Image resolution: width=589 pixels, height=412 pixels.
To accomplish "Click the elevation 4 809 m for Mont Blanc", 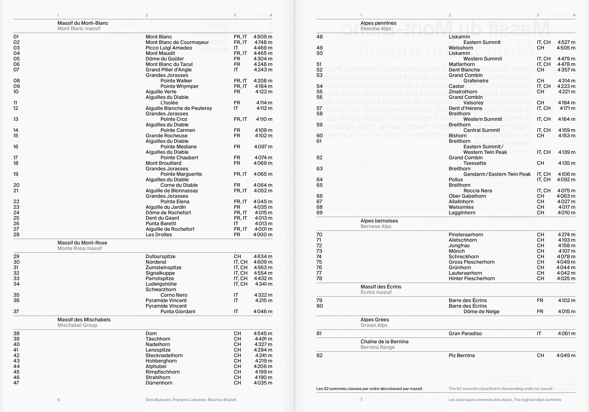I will (263, 37).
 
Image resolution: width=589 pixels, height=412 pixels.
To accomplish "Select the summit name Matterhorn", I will (462, 64).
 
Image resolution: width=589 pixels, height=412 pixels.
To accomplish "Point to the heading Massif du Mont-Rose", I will (82, 243).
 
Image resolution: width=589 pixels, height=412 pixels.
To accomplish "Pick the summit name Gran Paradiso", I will (465, 333).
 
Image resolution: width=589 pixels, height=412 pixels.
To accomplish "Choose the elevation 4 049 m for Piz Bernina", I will (566, 356).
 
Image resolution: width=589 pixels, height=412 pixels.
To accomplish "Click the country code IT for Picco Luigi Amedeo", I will (236, 48).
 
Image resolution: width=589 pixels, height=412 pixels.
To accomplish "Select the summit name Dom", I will (151, 333).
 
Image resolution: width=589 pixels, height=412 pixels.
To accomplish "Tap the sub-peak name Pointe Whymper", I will (179, 86).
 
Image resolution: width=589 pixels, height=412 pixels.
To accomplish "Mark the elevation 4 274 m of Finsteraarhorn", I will (566, 235).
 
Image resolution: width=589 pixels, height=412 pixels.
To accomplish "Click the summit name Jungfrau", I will (459, 245).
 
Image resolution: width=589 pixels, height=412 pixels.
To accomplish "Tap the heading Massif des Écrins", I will (381, 287).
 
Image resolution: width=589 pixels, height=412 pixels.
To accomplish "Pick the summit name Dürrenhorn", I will (159, 383).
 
